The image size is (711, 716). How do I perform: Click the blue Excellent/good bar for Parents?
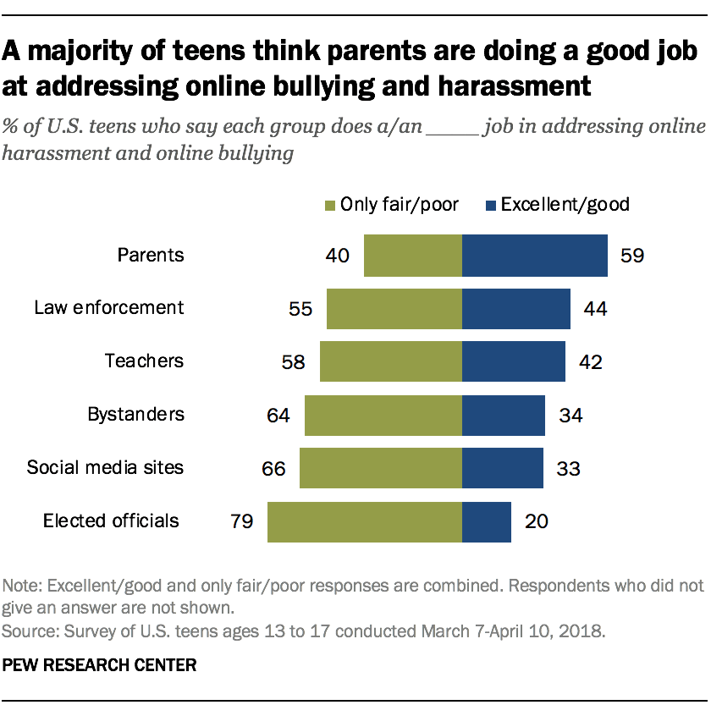[534, 256]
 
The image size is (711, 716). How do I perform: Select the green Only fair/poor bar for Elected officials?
[364, 520]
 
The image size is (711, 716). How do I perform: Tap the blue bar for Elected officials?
[486, 520]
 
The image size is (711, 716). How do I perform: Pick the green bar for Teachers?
[390, 361]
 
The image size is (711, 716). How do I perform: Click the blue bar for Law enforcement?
[515, 308]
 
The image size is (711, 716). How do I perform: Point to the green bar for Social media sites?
[380, 468]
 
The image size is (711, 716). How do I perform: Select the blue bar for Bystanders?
[503, 415]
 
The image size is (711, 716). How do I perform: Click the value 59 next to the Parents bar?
[631, 256]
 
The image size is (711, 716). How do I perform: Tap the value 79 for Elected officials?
[242, 520]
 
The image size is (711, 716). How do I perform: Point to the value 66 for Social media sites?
[274, 468]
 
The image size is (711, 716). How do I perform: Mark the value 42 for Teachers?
[589, 361]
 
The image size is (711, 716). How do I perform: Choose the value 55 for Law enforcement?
[301, 308]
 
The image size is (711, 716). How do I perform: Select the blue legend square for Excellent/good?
[490, 205]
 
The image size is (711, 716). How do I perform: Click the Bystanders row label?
[135, 415]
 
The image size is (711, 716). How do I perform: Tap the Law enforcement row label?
[108, 307]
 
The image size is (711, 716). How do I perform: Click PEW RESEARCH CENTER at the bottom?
[99, 665]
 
